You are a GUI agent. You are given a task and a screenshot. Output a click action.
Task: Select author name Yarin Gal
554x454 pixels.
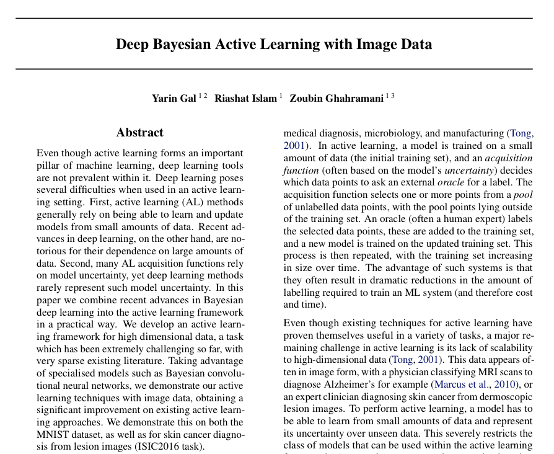[x=174, y=98]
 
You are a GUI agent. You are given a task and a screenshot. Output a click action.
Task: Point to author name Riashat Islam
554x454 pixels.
[x=245, y=98]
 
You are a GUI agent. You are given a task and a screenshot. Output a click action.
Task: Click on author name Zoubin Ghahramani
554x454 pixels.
[x=336, y=98]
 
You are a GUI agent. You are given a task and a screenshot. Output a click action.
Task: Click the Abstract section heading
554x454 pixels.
[x=140, y=132]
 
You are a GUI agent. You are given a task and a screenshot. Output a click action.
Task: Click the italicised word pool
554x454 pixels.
[x=522, y=194]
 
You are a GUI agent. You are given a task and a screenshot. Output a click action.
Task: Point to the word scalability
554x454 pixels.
[x=503, y=347]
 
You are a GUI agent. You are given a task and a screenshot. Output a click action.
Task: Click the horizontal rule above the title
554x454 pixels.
[x=274, y=18]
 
